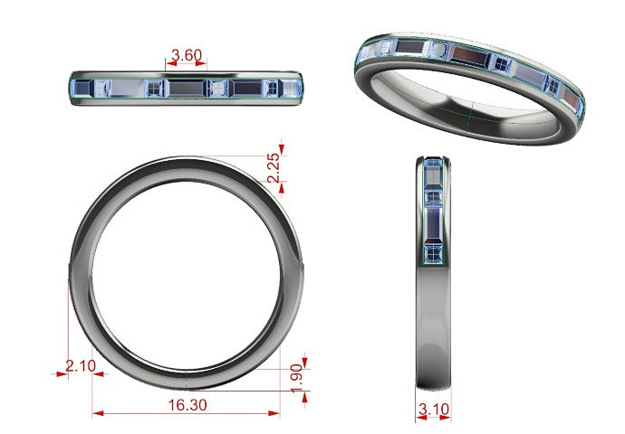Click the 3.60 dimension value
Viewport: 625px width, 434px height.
(x=187, y=55)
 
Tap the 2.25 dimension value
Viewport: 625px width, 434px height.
(x=274, y=168)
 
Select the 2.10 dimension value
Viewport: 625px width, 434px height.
(x=81, y=365)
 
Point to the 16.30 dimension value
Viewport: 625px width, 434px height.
(x=187, y=405)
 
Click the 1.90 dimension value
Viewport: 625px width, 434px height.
(x=297, y=378)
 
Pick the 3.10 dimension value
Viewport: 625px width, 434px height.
(x=434, y=409)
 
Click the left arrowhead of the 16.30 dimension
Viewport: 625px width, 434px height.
(x=98, y=414)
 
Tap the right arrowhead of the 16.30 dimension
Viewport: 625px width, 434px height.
(x=274, y=414)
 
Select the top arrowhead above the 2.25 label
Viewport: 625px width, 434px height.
(x=282, y=149)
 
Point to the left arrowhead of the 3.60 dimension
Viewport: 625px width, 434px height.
(x=171, y=63)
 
